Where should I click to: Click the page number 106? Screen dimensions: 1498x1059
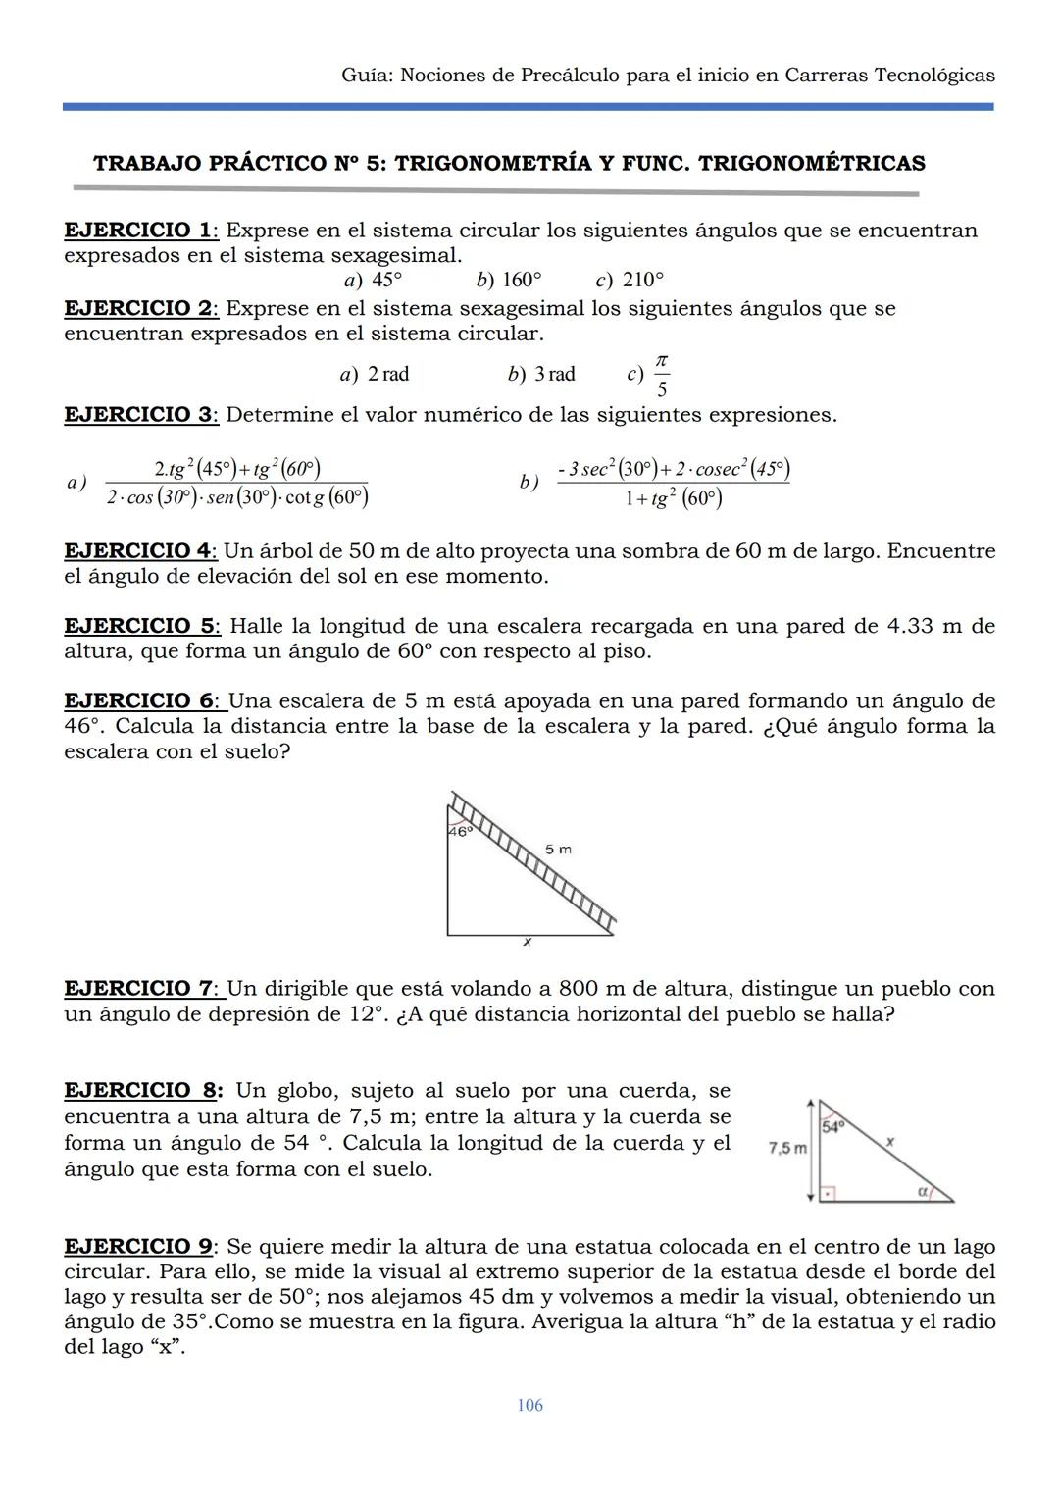529,1405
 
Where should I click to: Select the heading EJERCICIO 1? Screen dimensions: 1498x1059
138,231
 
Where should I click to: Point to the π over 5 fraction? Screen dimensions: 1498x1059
662,376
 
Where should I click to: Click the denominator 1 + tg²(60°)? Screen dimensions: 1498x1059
673,499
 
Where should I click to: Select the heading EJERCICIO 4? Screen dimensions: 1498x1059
138,551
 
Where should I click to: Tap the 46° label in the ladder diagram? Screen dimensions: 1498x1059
460,831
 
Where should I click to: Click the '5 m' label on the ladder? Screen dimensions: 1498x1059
558,849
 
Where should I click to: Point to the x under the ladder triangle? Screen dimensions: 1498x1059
528,943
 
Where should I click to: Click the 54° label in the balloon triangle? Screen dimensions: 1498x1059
832,1127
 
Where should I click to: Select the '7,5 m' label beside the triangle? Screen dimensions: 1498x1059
787,1147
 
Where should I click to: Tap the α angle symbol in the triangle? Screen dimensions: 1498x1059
922,1190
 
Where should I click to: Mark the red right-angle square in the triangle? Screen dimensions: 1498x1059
828,1194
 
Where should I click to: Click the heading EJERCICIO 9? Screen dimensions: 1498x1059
138,1247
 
